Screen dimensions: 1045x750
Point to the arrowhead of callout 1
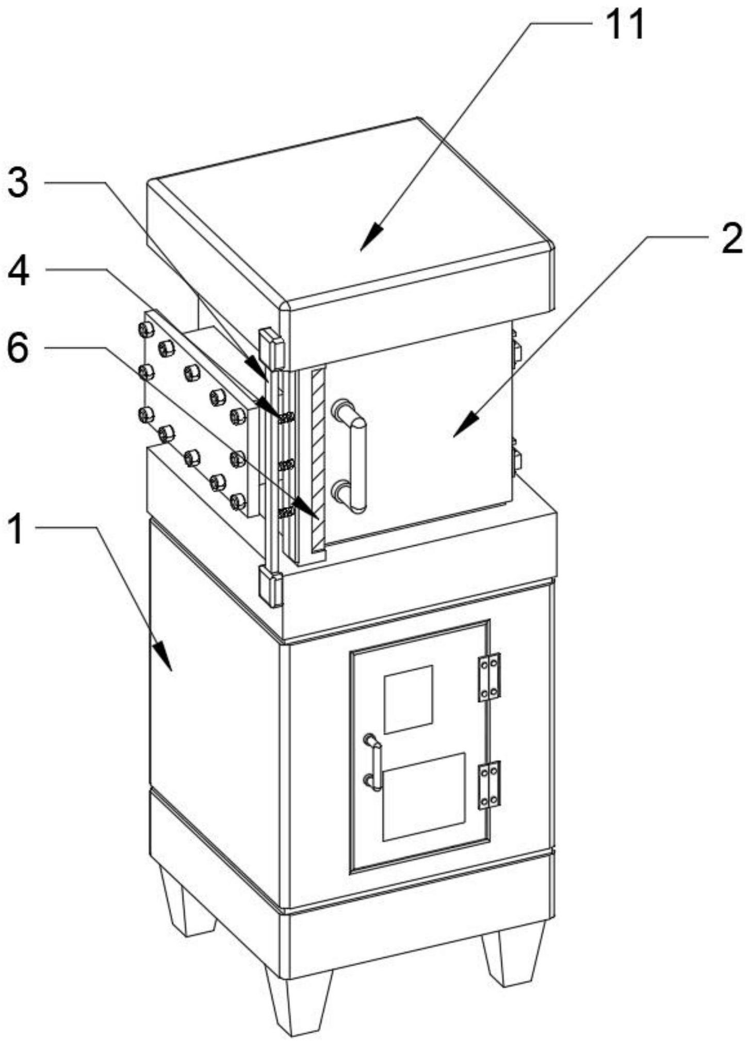coord(167,661)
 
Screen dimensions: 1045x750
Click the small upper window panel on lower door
coord(409,699)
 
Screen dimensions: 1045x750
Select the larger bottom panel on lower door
coord(424,796)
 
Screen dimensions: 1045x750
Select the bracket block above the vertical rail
coord(270,346)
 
